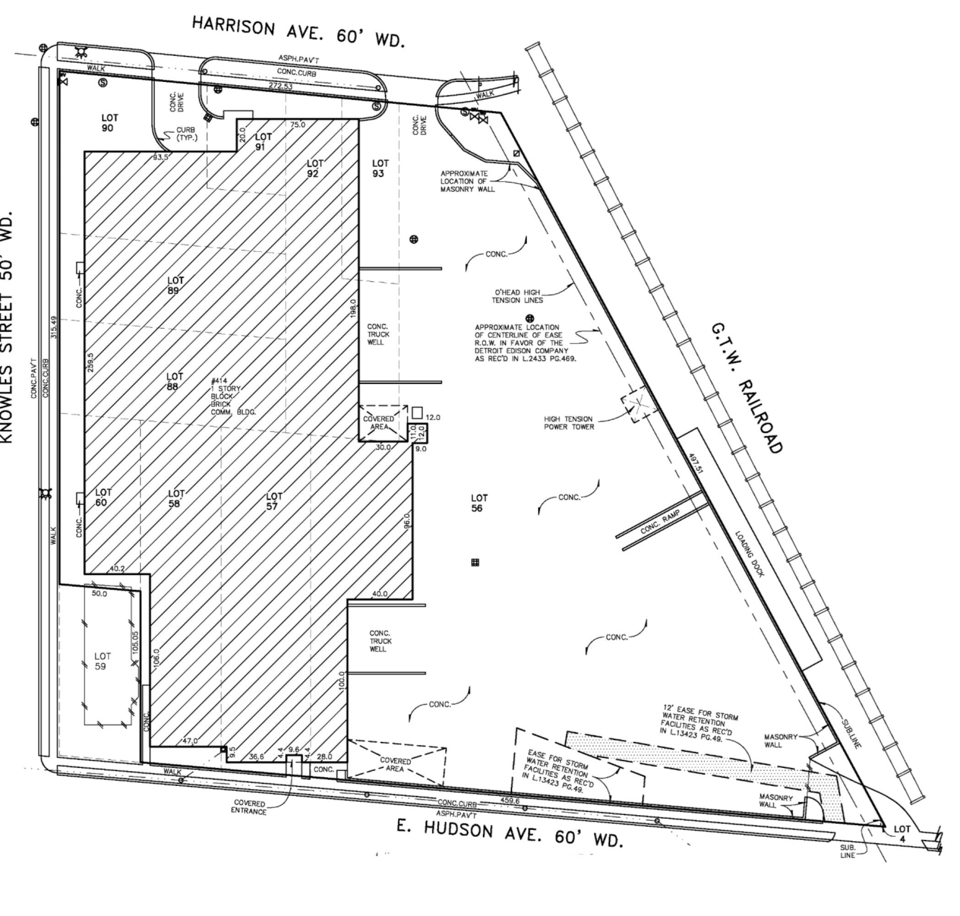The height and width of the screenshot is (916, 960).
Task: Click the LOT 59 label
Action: click(102, 661)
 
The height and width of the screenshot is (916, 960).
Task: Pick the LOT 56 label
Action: click(479, 503)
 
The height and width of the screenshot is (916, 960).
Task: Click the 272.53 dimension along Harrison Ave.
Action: click(280, 87)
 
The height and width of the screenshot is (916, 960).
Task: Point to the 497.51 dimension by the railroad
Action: click(695, 463)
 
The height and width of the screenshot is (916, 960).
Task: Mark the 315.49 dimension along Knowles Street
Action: click(53, 327)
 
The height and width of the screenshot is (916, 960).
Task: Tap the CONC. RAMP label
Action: click(660, 523)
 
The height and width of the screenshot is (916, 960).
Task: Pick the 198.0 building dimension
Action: click(354, 308)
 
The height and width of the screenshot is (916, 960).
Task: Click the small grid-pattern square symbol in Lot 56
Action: click(475, 562)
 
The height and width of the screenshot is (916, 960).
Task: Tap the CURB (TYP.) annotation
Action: click(187, 134)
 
